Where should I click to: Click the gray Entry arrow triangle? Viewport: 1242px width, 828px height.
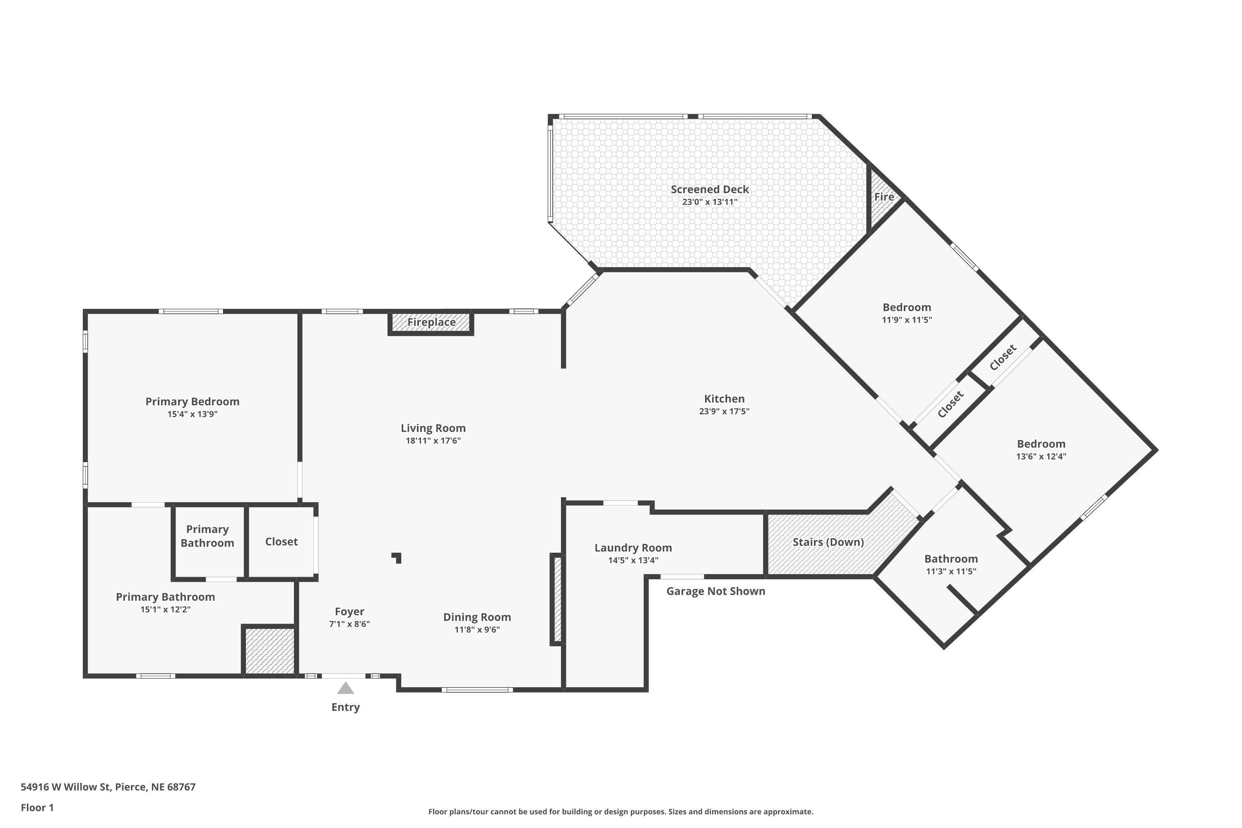pyautogui.click(x=345, y=688)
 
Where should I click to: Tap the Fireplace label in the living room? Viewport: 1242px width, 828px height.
pyautogui.click(x=431, y=322)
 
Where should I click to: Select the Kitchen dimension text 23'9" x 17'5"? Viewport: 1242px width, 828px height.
pyautogui.click(x=724, y=412)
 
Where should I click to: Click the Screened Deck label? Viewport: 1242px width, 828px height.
pyautogui.click(x=709, y=189)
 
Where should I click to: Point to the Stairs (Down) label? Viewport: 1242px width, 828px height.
pyautogui.click(x=828, y=542)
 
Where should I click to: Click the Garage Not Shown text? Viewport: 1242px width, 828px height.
pyautogui.click(x=715, y=591)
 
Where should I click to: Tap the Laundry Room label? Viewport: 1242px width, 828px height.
pyautogui.click(x=633, y=548)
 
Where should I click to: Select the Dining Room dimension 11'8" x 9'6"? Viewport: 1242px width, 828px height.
pyautogui.click(x=477, y=629)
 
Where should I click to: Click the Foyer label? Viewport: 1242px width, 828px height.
pyautogui.click(x=349, y=611)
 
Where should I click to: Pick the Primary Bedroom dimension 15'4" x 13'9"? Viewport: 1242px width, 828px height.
pyautogui.click(x=192, y=414)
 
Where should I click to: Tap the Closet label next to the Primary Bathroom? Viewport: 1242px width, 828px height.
pyautogui.click(x=281, y=541)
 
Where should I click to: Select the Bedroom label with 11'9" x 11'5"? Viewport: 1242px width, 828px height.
pyautogui.click(x=906, y=307)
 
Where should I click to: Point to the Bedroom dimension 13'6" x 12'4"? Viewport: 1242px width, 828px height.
pyautogui.click(x=1041, y=456)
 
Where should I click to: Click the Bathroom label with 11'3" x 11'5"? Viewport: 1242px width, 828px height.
pyautogui.click(x=951, y=558)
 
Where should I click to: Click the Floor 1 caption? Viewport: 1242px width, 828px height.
pyautogui.click(x=37, y=807)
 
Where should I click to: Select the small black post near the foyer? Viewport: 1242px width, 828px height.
pyautogui.click(x=397, y=558)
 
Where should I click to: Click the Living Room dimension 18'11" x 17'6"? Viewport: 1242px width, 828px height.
pyautogui.click(x=433, y=440)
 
